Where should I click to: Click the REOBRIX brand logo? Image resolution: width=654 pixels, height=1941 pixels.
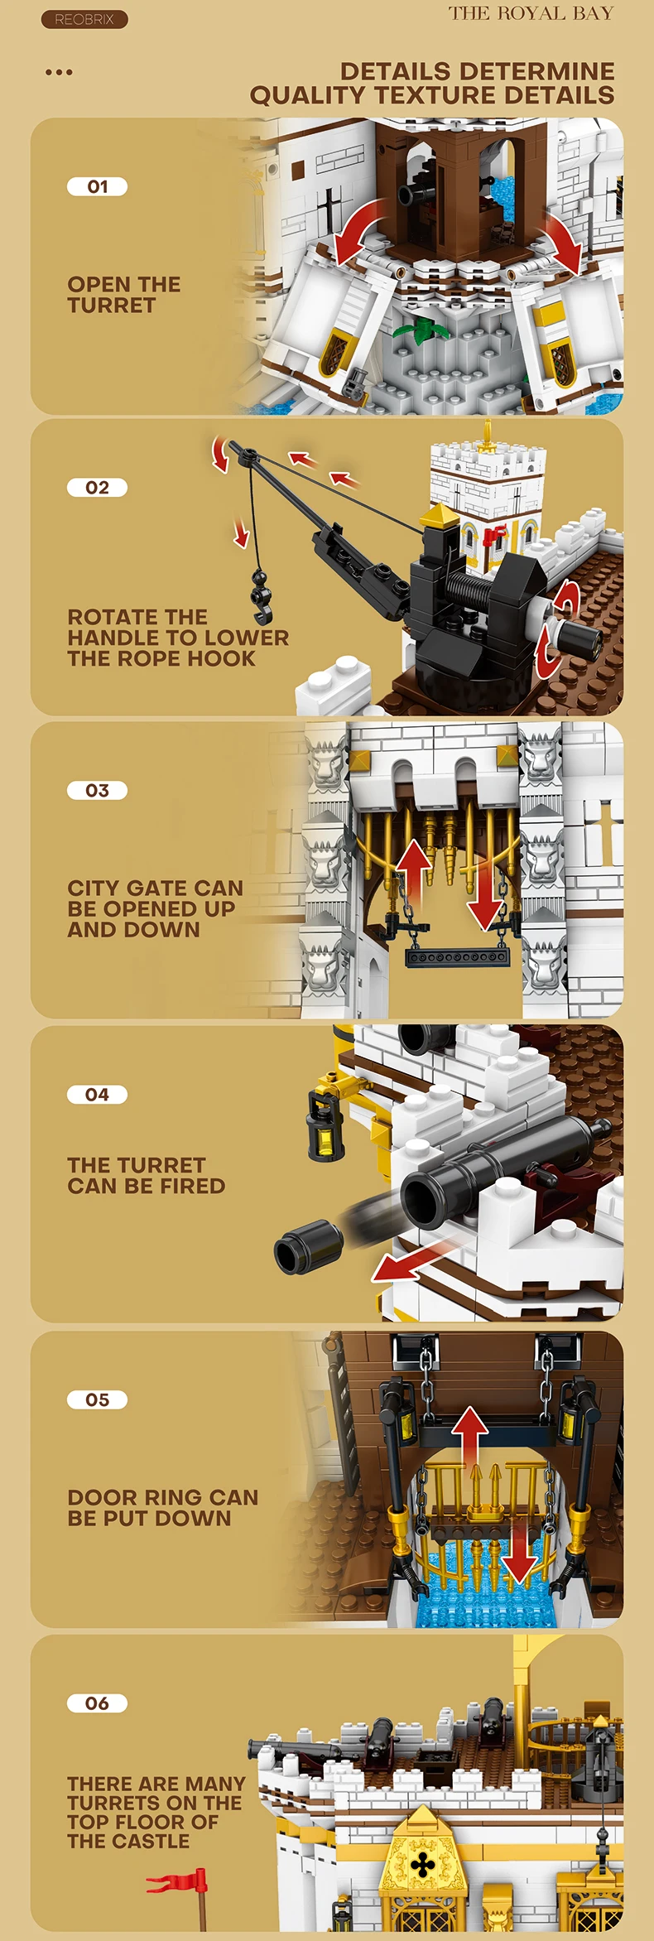84,19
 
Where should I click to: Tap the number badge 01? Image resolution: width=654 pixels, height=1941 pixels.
97,187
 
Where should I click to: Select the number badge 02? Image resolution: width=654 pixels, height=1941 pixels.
97,488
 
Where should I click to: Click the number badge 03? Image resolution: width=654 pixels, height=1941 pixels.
97,791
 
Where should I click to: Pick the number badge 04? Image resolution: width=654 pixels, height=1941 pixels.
97,1095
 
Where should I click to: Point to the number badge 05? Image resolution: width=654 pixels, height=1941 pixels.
97,1400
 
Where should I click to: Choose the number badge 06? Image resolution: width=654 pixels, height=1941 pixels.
97,1704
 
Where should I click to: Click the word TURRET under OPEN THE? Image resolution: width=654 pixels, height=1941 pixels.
111,306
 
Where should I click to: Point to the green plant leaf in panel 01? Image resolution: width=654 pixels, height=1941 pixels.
421,332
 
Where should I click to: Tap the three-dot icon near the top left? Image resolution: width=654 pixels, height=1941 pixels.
59,73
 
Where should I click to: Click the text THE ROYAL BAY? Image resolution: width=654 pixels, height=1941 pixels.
531,13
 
